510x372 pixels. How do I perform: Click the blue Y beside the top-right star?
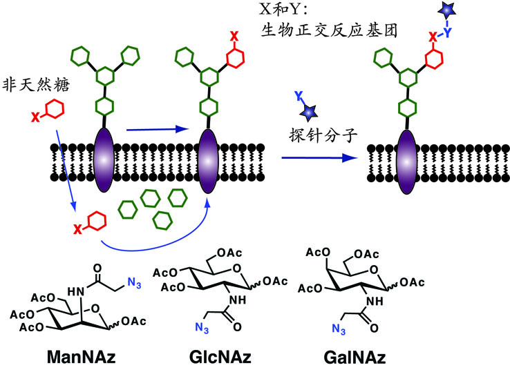450,30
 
